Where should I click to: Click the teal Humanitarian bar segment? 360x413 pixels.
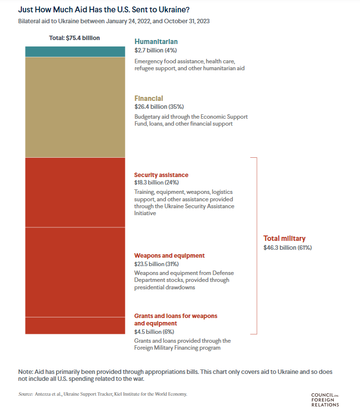tap(75, 51)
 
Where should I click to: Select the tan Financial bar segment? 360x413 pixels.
tap(75, 107)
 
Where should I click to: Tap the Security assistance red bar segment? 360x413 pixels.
tap(75, 192)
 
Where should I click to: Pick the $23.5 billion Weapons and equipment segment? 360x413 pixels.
tap(75, 272)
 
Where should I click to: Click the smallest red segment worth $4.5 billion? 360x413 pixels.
tap(75, 325)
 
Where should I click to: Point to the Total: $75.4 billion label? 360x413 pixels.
tap(74, 38)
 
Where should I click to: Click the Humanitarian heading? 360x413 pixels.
tap(156, 42)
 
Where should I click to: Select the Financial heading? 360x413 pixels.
tap(149, 98)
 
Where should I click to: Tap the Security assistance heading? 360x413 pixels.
tap(161, 175)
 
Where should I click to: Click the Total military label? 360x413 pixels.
tap(284, 238)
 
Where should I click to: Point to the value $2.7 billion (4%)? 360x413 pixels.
tap(155, 50)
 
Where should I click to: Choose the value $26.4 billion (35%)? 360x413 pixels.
tap(159, 107)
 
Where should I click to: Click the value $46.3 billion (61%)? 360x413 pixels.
tap(288, 247)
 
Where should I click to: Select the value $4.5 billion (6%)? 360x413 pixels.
tap(154, 332)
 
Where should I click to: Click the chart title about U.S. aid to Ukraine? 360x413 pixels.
tap(103, 9)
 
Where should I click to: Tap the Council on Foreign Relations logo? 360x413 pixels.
tap(325, 399)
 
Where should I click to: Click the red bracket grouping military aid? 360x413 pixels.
tap(257, 245)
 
